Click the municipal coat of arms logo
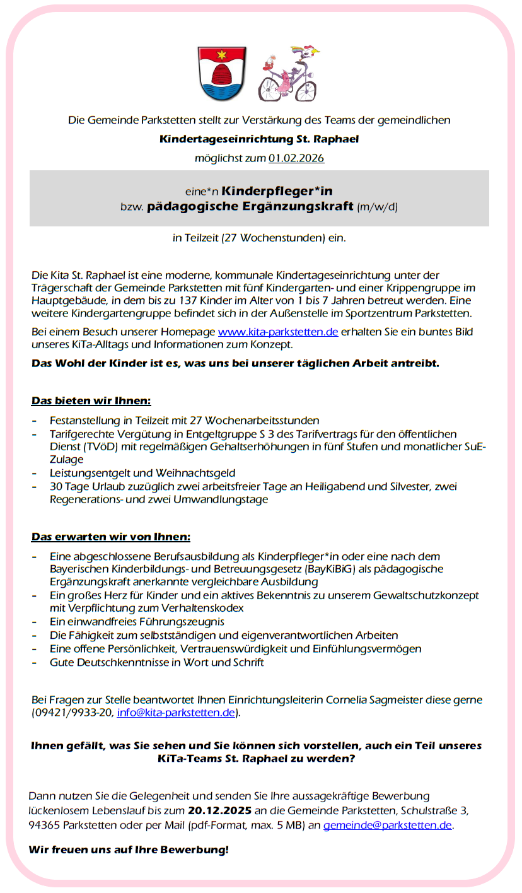[x=221, y=73]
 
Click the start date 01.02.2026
[x=296, y=158]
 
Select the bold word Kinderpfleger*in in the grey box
[x=277, y=190]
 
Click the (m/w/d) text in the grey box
[x=377, y=207]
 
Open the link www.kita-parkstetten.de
[x=278, y=332]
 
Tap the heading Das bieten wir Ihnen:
[x=91, y=401]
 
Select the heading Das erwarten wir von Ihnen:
[x=111, y=537]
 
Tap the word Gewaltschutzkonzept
[x=412, y=595]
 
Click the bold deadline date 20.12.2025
[x=220, y=810]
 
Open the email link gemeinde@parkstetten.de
[x=388, y=825]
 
